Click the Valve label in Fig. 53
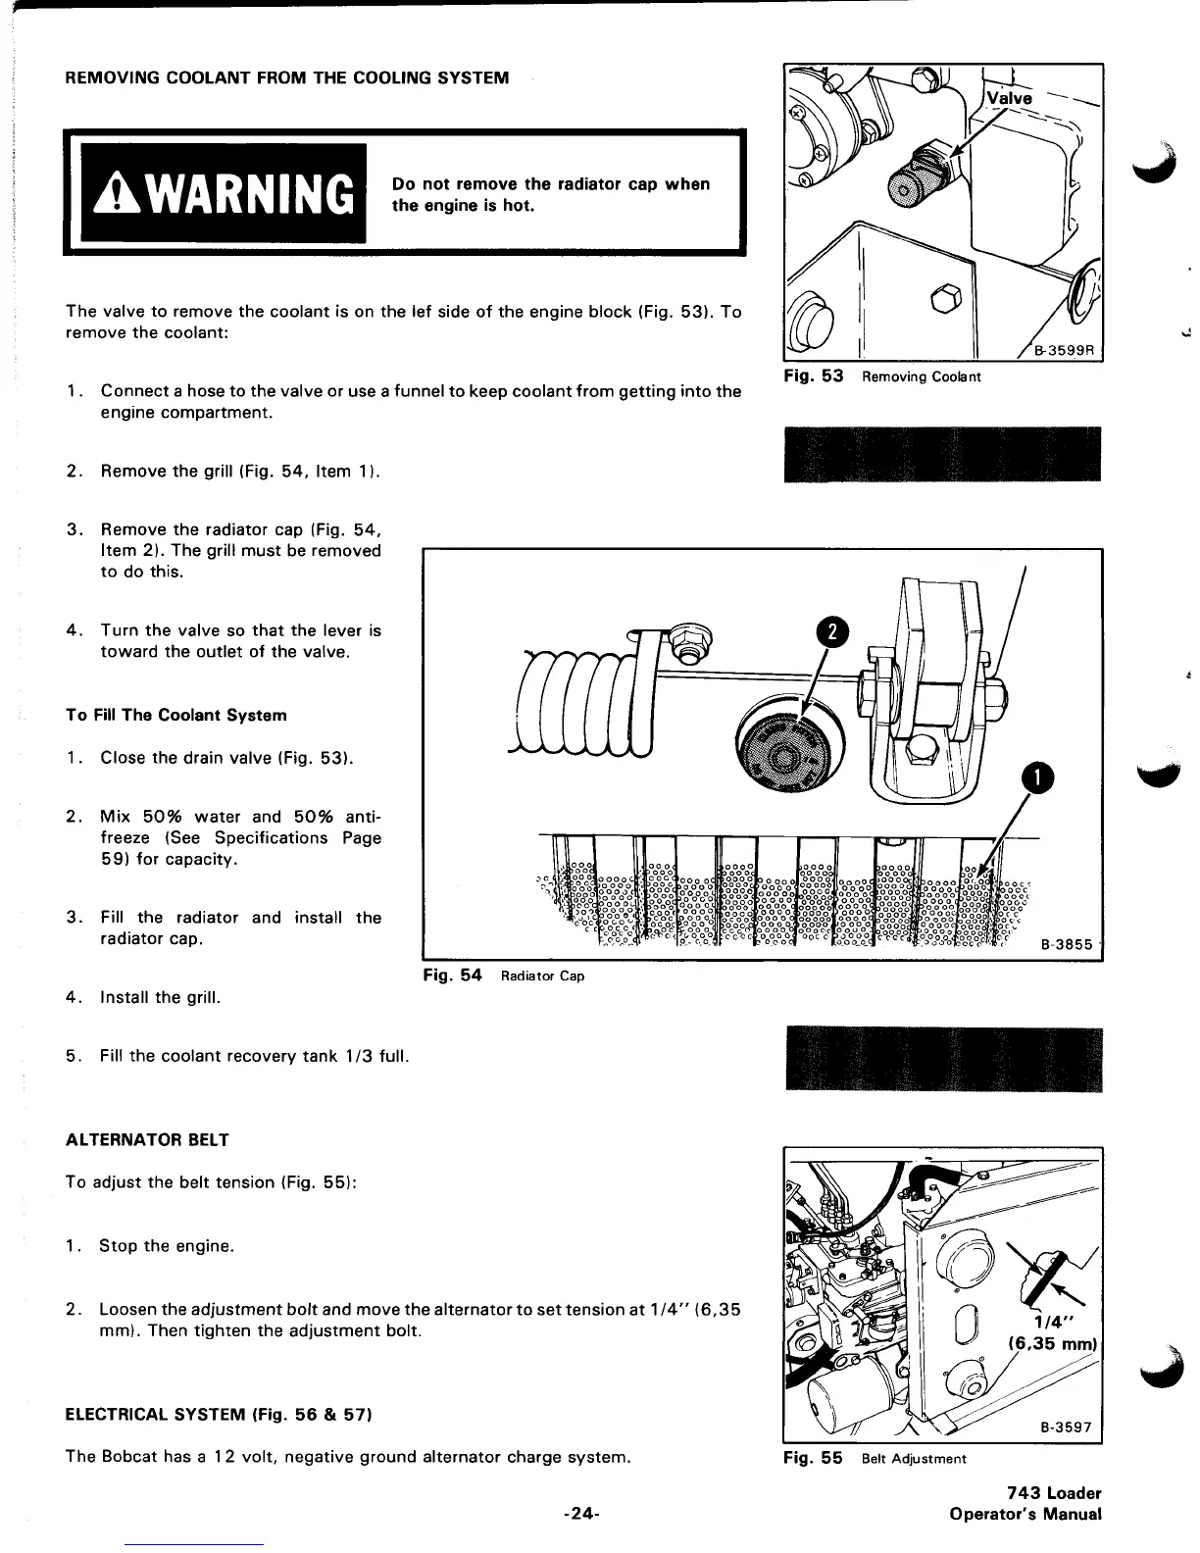click(1009, 98)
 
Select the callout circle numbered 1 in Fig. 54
click(1036, 778)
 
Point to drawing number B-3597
click(1067, 1427)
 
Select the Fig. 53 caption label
click(813, 376)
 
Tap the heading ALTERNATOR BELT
click(147, 1140)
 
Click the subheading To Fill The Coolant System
click(176, 715)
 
